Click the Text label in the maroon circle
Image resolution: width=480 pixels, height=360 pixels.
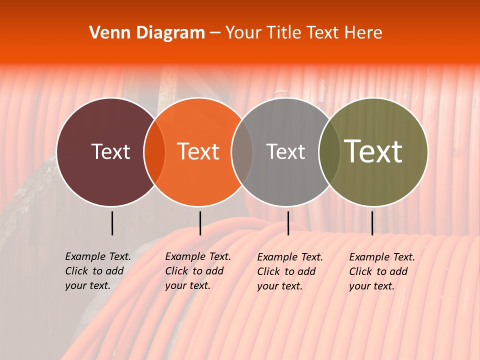110,151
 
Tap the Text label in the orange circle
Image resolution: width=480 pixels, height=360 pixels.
198,151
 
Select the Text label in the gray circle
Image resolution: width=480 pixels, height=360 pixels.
285,151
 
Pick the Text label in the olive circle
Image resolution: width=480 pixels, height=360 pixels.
373,151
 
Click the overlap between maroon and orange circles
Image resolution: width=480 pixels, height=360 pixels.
154,151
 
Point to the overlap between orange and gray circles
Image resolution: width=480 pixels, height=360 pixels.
242,151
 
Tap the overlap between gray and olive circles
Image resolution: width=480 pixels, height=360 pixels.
329,151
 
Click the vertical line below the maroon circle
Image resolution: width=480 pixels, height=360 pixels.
112,223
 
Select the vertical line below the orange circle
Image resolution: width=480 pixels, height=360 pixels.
200,223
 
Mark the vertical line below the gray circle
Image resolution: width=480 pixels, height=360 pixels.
288,223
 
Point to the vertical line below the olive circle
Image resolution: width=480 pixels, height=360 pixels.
372,223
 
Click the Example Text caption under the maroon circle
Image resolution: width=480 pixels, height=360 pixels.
98,271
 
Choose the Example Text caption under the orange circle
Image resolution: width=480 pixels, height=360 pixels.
198,271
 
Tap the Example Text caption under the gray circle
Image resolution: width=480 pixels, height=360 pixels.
290,271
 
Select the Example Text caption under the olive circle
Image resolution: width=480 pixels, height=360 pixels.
382,271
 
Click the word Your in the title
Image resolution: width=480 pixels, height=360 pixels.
243,33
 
